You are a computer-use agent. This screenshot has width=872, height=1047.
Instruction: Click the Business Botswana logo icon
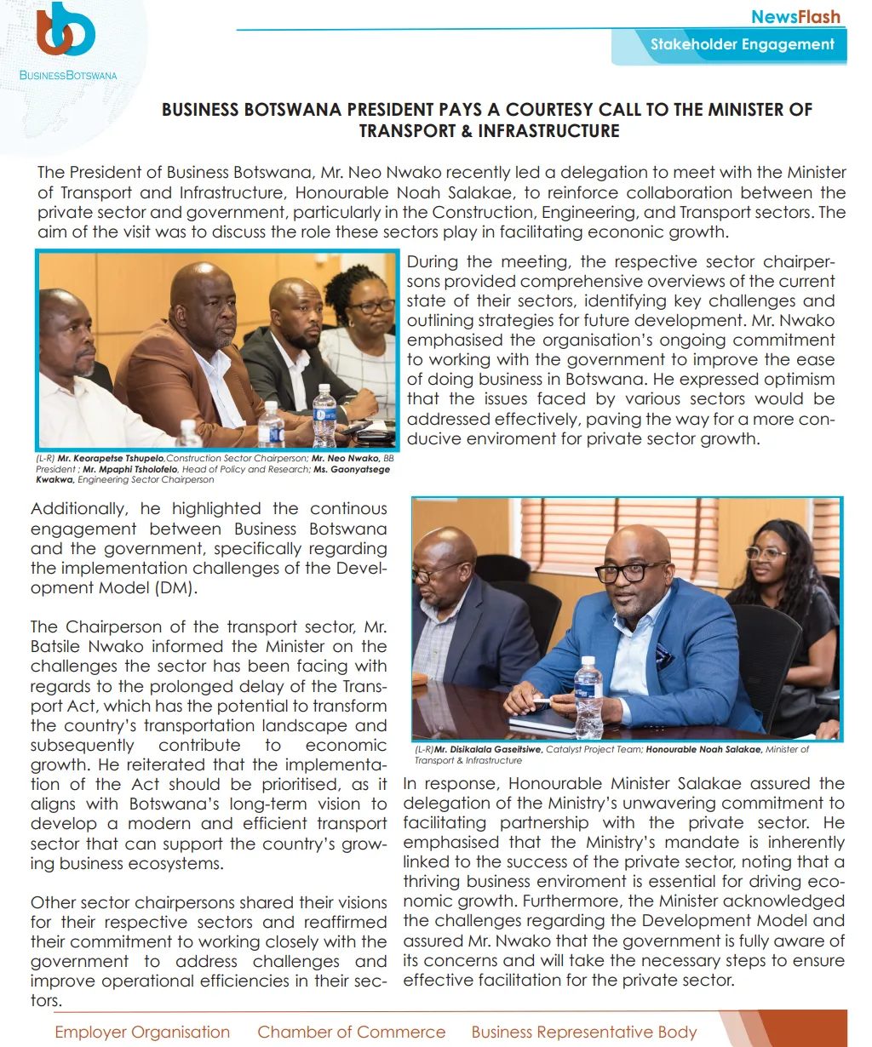[65, 32]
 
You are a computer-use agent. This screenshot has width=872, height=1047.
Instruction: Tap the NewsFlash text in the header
[795, 16]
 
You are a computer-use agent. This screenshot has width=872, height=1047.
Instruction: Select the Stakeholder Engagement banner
[742, 44]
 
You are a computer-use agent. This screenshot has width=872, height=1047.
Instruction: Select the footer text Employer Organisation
[142, 1032]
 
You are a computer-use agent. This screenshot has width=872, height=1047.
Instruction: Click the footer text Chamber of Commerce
[351, 1032]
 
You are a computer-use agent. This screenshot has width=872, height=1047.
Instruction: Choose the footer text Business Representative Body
[584, 1032]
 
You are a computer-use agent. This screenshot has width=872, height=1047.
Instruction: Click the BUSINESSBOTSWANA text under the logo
[68, 76]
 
